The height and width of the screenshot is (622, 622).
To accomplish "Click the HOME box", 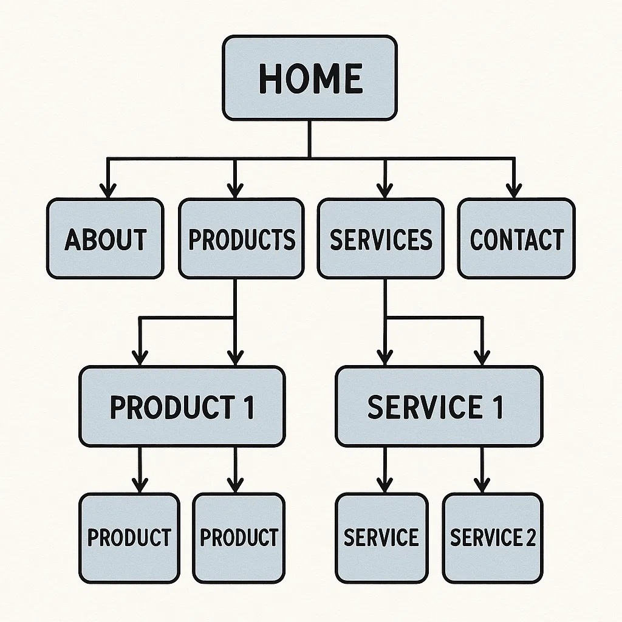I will pos(310,78).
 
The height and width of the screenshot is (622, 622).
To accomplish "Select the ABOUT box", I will pos(105,239).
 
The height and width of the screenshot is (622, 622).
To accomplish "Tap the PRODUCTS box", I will pos(241,239).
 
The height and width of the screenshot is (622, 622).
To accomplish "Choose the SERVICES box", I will pos(381,239).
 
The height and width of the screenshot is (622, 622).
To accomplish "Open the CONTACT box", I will pos(516,239).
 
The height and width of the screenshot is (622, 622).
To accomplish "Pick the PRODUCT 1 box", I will pos(182,406).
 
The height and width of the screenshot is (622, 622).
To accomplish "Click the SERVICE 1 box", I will pos(439,406).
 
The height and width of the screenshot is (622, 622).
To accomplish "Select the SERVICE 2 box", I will pos(493,538).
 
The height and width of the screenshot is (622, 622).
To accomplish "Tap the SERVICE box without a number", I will pos(381,538).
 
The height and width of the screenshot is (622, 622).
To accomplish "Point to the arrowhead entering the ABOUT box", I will pos(108,191).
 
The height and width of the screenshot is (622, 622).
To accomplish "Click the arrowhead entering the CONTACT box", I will pos(514,191).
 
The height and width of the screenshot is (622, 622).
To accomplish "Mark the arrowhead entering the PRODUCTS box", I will pos(234,191).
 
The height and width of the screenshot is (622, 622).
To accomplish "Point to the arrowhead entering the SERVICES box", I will pos(383,191).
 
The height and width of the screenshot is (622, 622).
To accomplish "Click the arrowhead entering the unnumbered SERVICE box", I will pos(384,485).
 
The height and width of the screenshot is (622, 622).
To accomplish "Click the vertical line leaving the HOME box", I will pos(310,138).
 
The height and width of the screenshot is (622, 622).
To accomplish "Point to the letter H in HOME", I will pos(270,78).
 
